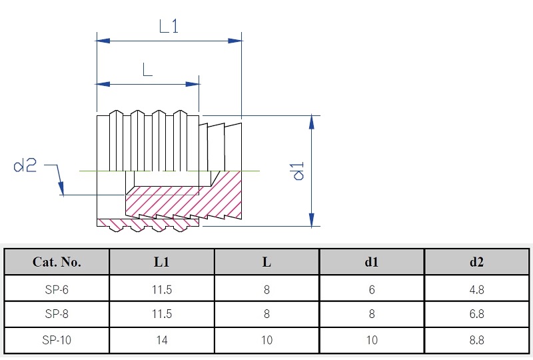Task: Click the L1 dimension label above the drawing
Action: [169, 26]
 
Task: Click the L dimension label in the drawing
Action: [147, 69]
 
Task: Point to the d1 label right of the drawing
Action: [298, 170]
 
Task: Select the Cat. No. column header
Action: [57, 261]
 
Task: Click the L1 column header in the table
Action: [161, 261]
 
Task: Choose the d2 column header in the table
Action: [476, 261]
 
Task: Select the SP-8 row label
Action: [57, 314]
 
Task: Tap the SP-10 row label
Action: [57, 340]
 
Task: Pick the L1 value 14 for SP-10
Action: [161, 340]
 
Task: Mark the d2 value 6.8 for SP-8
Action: [476, 314]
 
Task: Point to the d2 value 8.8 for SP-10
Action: [476, 340]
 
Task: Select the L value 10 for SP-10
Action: [266, 340]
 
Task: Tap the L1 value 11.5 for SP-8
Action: [161, 314]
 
